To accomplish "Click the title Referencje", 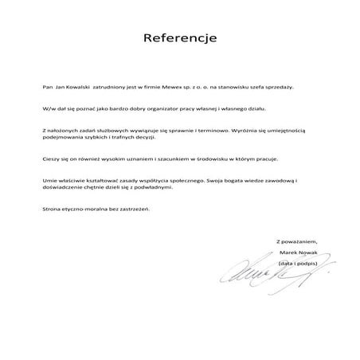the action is coord(179,38).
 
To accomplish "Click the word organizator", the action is coord(152,106).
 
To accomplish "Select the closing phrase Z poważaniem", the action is coord(296,241).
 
